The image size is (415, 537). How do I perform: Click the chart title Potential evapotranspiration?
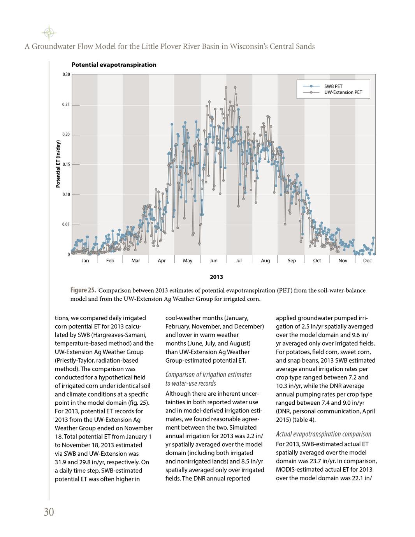[114, 65]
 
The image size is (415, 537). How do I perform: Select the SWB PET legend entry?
[333, 86]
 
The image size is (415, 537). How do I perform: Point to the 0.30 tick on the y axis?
[67, 75]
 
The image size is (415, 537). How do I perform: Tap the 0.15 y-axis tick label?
[67, 165]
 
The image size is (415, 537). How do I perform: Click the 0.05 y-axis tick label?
[67, 225]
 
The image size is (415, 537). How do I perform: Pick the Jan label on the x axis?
[85, 261]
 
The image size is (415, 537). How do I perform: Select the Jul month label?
[239, 261]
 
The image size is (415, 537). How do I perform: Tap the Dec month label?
[367, 261]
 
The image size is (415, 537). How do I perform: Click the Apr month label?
[162, 261]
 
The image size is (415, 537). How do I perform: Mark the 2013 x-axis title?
[216, 277]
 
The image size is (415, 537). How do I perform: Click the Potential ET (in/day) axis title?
[58, 164]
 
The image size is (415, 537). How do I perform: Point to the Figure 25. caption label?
[83, 290]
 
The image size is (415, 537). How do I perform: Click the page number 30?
[49, 512]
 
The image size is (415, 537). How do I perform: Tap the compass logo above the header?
[48, 33]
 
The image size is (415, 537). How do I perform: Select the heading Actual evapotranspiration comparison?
[324, 434]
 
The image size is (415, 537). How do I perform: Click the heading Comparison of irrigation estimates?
[209, 374]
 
